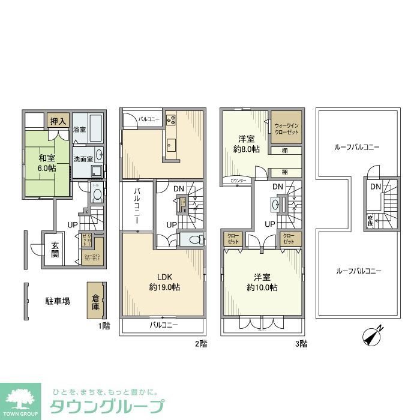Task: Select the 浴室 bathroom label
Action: (79, 130)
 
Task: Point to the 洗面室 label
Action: (83, 159)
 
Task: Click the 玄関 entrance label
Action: (55, 249)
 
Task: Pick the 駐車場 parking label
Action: (58, 301)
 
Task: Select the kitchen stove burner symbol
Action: (170, 119)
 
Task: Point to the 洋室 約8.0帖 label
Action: (246, 144)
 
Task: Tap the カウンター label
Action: (236, 180)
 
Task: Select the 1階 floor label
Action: (104, 326)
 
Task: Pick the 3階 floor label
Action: (301, 344)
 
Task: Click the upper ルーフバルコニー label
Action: (358, 147)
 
